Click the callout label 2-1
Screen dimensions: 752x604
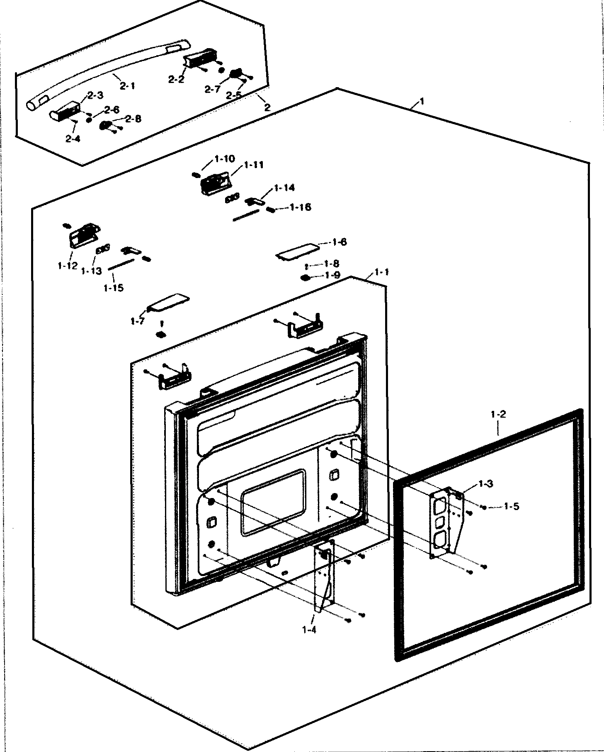(x=127, y=86)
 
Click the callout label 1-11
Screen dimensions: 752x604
(x=254, y=165)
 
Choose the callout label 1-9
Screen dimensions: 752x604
(x=333, y=275)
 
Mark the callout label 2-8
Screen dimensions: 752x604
(x=133, y=119)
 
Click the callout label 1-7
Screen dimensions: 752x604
(x=137, y=321)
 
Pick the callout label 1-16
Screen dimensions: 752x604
(x=301, y=207)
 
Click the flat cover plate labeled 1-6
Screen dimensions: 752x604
(x=298, y=251)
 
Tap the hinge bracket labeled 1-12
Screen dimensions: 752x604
(x=84, y=236)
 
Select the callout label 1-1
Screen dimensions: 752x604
(x=381, y=272)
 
